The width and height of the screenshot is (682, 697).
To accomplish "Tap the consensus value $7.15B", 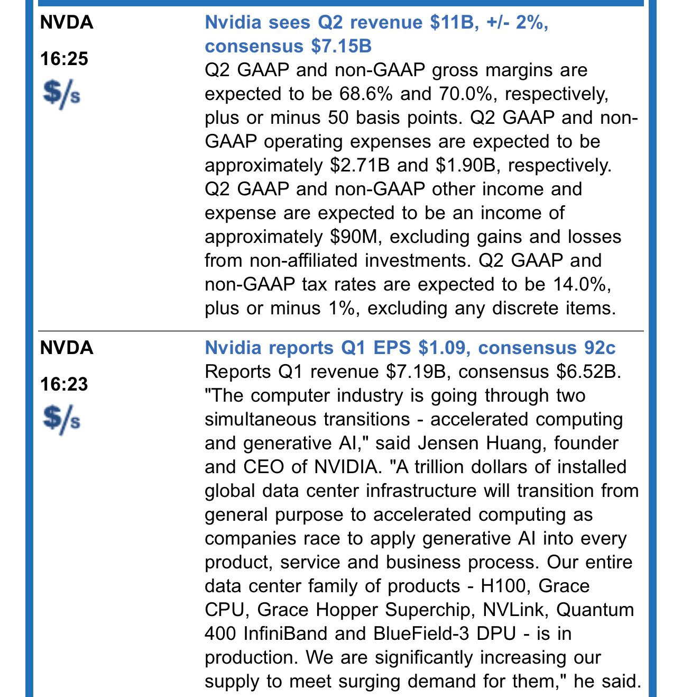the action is click(341, 46).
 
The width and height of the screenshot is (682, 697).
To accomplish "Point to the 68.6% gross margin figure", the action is click(366, 94).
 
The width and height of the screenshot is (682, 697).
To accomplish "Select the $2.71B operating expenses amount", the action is click(360, 165).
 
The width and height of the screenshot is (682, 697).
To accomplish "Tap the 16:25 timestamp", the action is click(64, 59).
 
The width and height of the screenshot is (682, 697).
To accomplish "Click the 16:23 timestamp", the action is click(64, 384).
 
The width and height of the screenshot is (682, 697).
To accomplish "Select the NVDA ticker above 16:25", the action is click(67, 22).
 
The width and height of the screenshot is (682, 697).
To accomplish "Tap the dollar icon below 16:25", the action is click(61, 94).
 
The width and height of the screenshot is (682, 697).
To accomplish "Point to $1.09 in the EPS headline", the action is click(445, 348).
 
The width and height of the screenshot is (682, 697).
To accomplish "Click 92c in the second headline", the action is click(600, 348).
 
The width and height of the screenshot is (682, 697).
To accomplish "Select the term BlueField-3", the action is click(421, 633).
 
